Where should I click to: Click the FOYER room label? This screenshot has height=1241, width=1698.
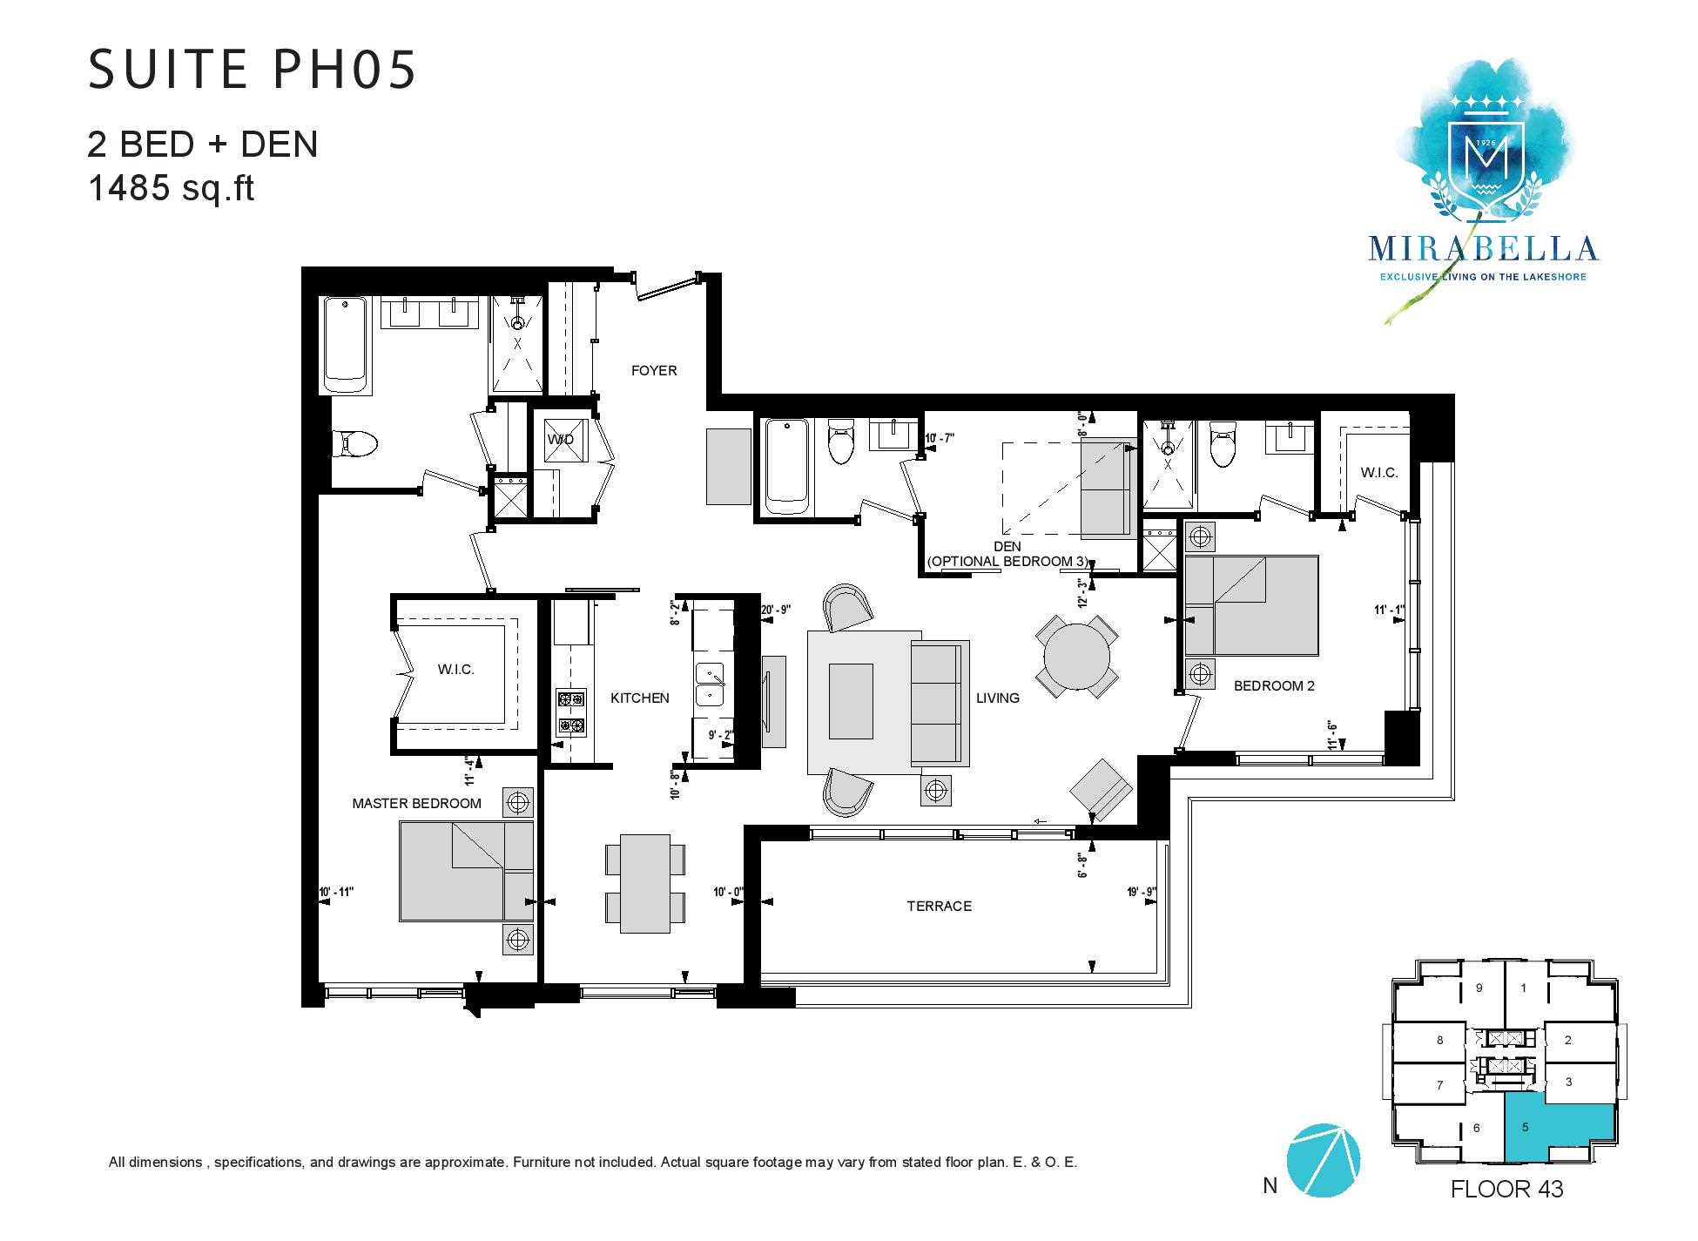[x=653, y=370]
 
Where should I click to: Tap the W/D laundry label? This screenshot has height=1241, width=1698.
[x=560, y=439]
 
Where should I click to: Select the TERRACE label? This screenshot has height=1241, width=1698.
[x=939, y=906]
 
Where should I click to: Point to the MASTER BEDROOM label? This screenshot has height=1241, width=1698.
[x=416, y=803]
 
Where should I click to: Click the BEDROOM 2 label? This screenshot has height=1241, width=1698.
[x=1274, y=685]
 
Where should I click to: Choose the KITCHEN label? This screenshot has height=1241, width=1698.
[x=639, y=698]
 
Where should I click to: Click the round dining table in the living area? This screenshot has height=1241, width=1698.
[x=1077, y=656]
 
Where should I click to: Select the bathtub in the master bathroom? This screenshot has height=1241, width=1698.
[x=346, y=345]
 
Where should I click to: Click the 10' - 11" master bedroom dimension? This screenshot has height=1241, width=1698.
[x=337, y=892]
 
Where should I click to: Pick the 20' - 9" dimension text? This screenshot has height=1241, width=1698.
[x=775, y=610]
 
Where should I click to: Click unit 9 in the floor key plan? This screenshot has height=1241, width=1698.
[x=1479, y=988]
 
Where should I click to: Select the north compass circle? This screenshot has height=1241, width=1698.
[x=1323, y=1160]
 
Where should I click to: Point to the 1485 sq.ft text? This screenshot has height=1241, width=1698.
[x=171, y=187]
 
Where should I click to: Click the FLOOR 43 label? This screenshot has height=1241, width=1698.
[x=1507, y=1189]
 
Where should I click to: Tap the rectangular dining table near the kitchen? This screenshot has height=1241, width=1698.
[x=644, y=883]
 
